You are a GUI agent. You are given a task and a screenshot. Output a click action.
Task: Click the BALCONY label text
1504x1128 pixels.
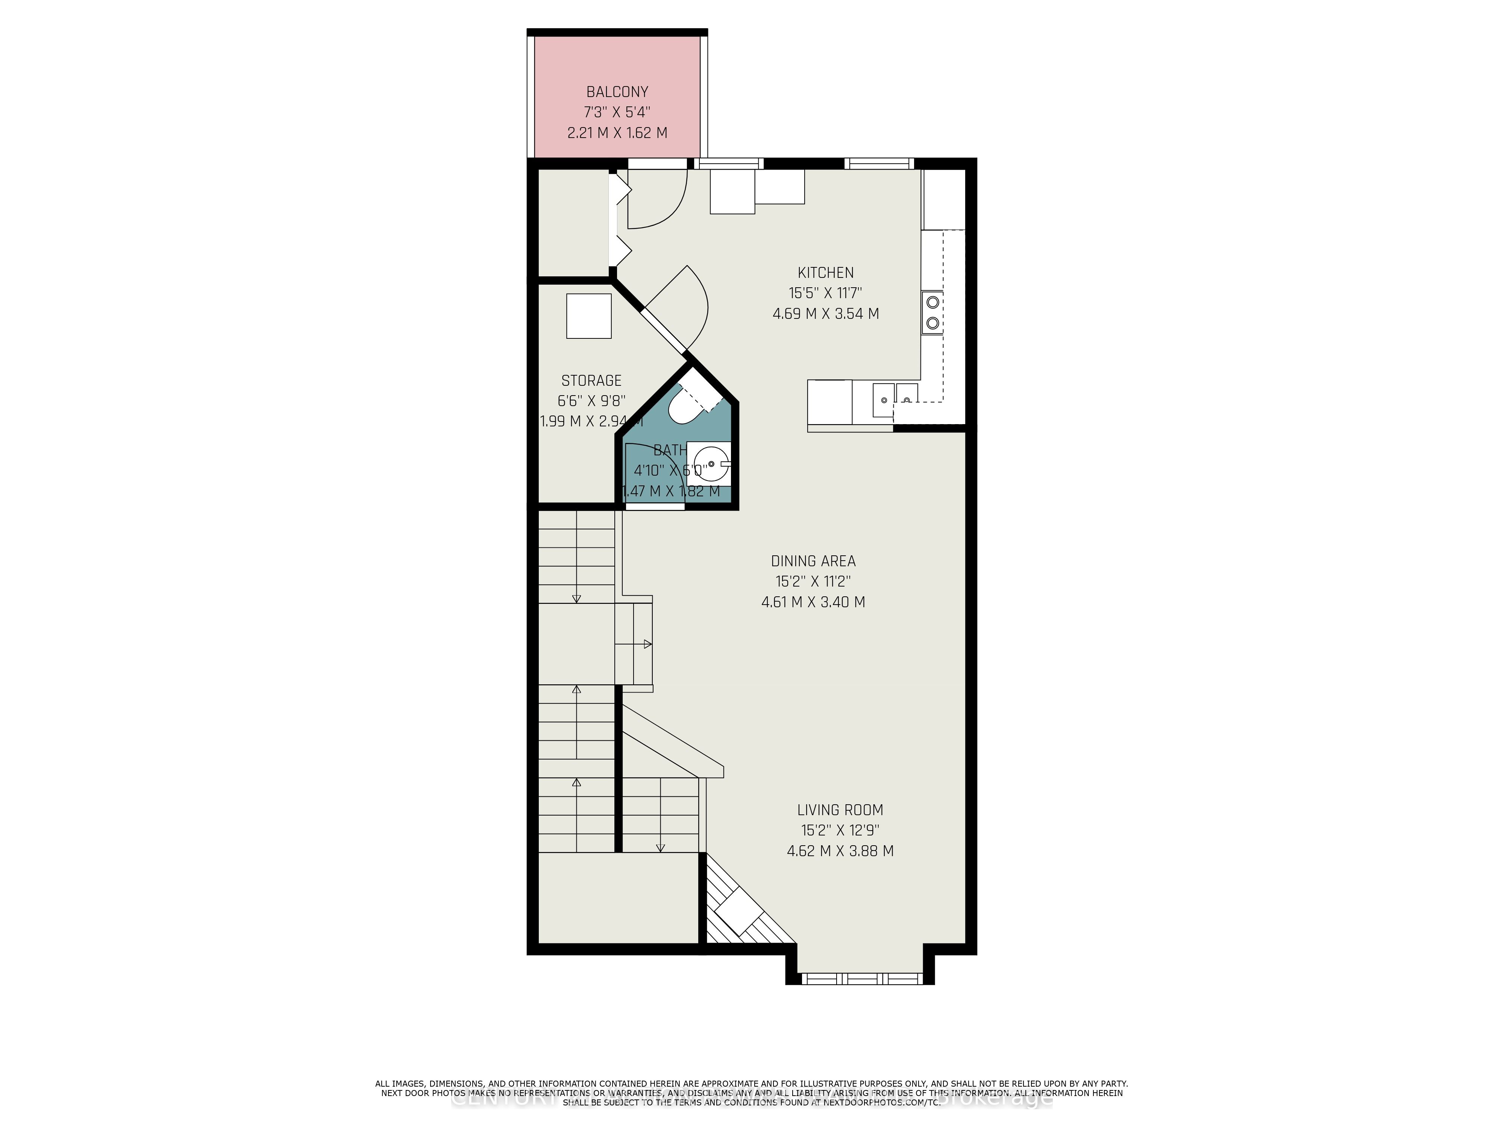[617, 92]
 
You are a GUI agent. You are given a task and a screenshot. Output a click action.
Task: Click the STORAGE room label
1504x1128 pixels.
[591, 381]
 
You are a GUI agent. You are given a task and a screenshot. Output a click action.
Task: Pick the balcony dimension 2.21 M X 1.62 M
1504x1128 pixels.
[617, 133]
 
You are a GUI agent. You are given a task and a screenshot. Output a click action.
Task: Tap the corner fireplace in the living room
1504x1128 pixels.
[741, 908]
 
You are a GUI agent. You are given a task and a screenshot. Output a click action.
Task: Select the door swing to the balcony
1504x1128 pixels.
[656, 200]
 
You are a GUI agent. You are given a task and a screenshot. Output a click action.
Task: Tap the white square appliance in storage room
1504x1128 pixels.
[589, 315]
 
